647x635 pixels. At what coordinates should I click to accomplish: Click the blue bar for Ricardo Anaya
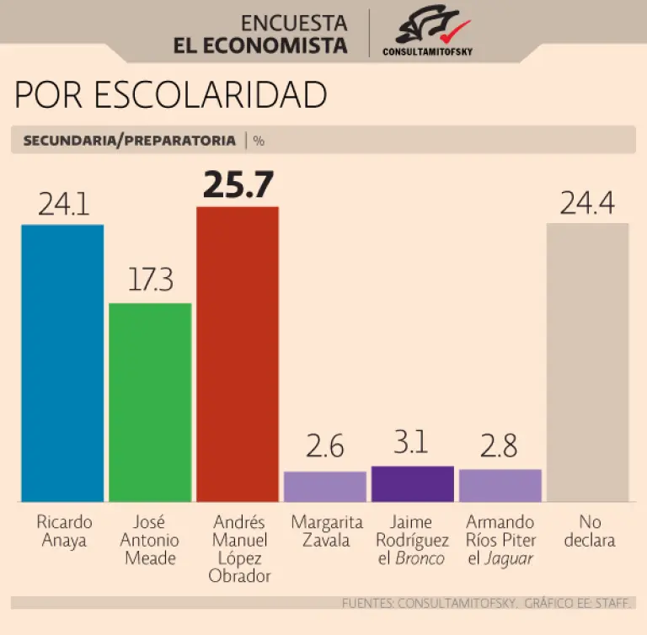coord(62,363)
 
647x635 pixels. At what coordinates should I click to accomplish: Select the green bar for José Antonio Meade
coord(151,402)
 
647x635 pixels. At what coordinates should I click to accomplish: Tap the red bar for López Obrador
coord(238,354)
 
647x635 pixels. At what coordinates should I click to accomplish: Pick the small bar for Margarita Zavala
coord(325,487)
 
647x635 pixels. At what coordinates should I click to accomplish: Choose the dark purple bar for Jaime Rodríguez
coord(413,484)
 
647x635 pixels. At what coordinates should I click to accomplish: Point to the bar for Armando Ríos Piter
coord(500,486)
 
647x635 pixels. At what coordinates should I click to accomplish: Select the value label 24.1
coord(62,205)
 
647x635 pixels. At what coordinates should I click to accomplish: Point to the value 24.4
coord(587,204)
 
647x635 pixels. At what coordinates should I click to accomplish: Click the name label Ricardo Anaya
coord(64,531)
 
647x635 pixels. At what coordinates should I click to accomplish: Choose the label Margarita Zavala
coord(326,531)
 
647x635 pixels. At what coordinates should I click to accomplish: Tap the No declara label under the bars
coord(589,531)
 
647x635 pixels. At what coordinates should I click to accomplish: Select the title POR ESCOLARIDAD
coord(170,96)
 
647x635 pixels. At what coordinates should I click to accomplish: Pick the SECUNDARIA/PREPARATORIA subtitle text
coord(129,141)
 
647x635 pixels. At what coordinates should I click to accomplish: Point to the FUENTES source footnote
coord(487,603)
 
